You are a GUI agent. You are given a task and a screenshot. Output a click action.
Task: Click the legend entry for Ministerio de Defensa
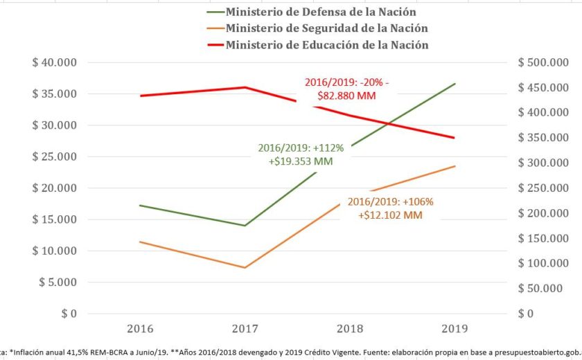[x=321, y=12]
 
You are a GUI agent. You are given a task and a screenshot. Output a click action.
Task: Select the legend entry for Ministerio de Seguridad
[x=326, y=28]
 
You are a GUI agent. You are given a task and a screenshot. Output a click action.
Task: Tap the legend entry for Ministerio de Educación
[x=326, y=45]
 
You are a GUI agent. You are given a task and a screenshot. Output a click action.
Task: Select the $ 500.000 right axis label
[x=544, y=62]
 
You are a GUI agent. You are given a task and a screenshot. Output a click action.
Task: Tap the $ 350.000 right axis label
[x=544, y=138]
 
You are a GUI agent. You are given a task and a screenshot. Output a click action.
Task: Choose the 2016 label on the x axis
[x=141, y=328]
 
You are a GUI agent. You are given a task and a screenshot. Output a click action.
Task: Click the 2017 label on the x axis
[x=245, y=328]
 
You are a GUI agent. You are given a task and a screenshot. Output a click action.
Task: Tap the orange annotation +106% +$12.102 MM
[x=391, y=208]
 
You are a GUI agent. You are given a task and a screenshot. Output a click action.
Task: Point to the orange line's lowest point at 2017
[x=245, y=267]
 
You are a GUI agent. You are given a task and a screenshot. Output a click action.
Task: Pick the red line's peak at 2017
[x=245, y=87]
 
